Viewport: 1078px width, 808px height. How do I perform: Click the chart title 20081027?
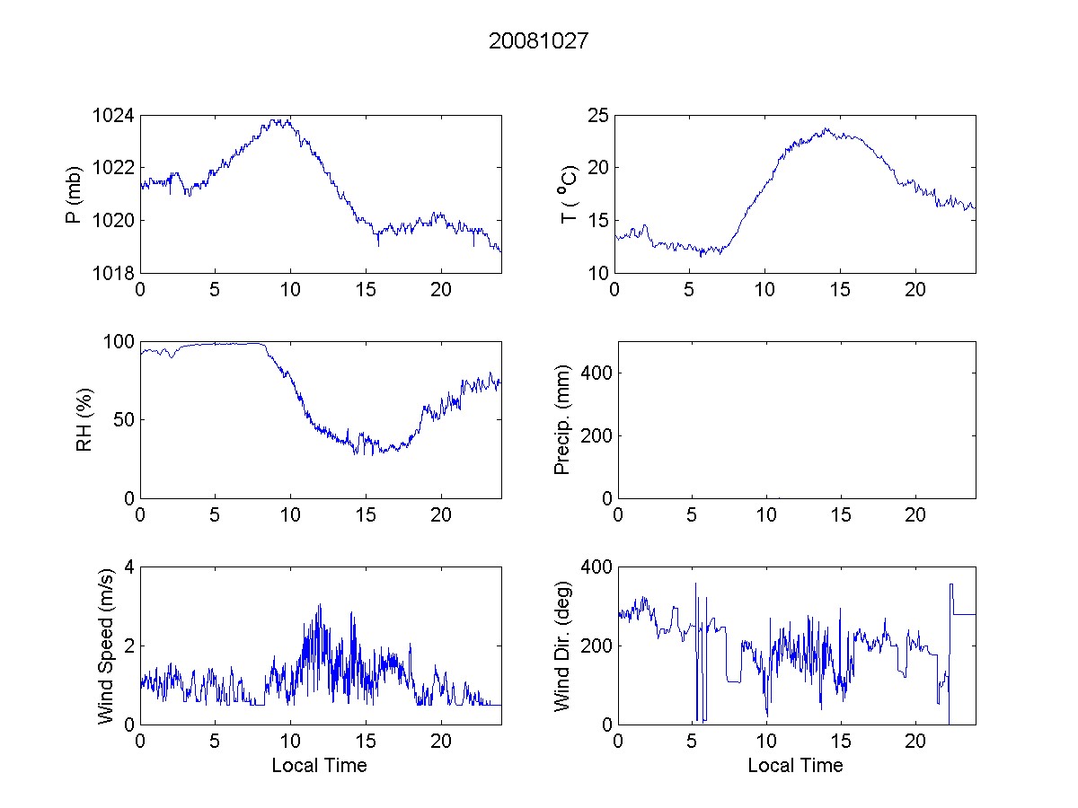click(538, 40)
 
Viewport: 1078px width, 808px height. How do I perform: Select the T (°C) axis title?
click(567, 194)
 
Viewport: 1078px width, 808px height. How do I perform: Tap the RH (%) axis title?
click(84, 419)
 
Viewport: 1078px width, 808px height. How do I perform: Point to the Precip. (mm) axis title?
click(562, 419)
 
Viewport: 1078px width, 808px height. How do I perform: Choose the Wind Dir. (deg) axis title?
click(562, 645)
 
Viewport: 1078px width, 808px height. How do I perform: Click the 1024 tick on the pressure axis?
click(114, 116)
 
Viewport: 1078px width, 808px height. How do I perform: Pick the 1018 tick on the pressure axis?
click(114, 273)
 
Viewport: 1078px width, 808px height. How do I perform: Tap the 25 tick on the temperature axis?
click(598, 116)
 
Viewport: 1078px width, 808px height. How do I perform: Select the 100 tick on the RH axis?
click(119, 342)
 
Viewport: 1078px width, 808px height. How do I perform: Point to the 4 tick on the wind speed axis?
click(128, 567)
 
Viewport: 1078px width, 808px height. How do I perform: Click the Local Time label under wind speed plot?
click(319, 765)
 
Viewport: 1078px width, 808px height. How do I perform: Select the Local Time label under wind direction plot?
click(795, 765)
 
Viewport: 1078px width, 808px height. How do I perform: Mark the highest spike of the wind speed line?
click(319, 605)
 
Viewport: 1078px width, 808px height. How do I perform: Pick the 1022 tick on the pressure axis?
click(114, 168)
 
